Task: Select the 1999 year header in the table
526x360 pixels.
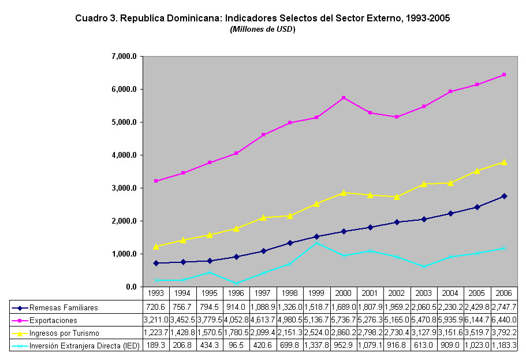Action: click(x=316, y=294)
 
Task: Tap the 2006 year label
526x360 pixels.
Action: click(x=505, y=294)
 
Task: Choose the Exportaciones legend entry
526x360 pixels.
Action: click(x=53, y=320)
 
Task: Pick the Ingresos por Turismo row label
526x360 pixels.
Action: click(x=64, y=333)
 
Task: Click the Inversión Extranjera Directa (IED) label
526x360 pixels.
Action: click(x=82, y=346)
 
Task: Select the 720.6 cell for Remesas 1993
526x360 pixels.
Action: click(x=156, y=307)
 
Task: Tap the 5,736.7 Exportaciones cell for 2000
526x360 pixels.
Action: click(x=344, y=320)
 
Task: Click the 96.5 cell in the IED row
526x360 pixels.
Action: click(x=237, y=346)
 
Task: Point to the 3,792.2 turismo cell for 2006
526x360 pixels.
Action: click(x=505, y=333)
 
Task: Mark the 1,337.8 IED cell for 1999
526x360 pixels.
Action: click(x=316, y=346)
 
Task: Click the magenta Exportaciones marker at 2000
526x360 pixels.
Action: click(x=344, y=98)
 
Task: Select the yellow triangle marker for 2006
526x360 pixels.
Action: click(x=504, y=162)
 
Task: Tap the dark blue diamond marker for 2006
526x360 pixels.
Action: click(x=504, y=196)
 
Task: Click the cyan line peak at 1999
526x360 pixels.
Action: click(x=316, y=243)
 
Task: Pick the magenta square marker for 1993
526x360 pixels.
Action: click(x=156, y=181)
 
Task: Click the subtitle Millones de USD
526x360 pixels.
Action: click(x=263, y=29)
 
